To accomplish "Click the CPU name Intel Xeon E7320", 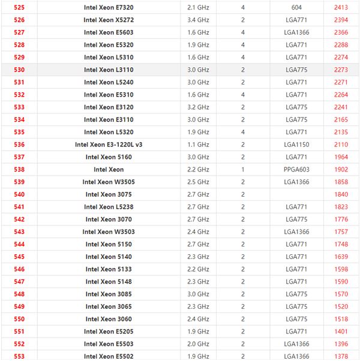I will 109,7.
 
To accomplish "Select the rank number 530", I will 19,70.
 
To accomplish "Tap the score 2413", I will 341,7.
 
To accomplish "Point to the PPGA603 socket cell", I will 296,170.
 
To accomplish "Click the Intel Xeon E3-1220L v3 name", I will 109,145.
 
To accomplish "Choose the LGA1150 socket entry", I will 296,145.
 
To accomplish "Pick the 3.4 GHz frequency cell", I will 198,20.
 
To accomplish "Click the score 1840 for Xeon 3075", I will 341,194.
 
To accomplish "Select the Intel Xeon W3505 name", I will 109,182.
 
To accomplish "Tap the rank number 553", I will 19,356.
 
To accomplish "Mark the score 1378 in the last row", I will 341,356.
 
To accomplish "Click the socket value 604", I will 296,7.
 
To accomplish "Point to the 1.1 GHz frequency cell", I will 198,145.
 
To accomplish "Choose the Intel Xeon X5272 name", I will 109,20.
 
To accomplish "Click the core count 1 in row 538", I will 243,170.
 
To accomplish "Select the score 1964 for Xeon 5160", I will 341,157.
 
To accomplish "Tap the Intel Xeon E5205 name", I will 109,332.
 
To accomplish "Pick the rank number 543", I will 19,231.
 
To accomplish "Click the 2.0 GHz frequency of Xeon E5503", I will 198,344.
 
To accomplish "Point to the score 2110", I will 341,145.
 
